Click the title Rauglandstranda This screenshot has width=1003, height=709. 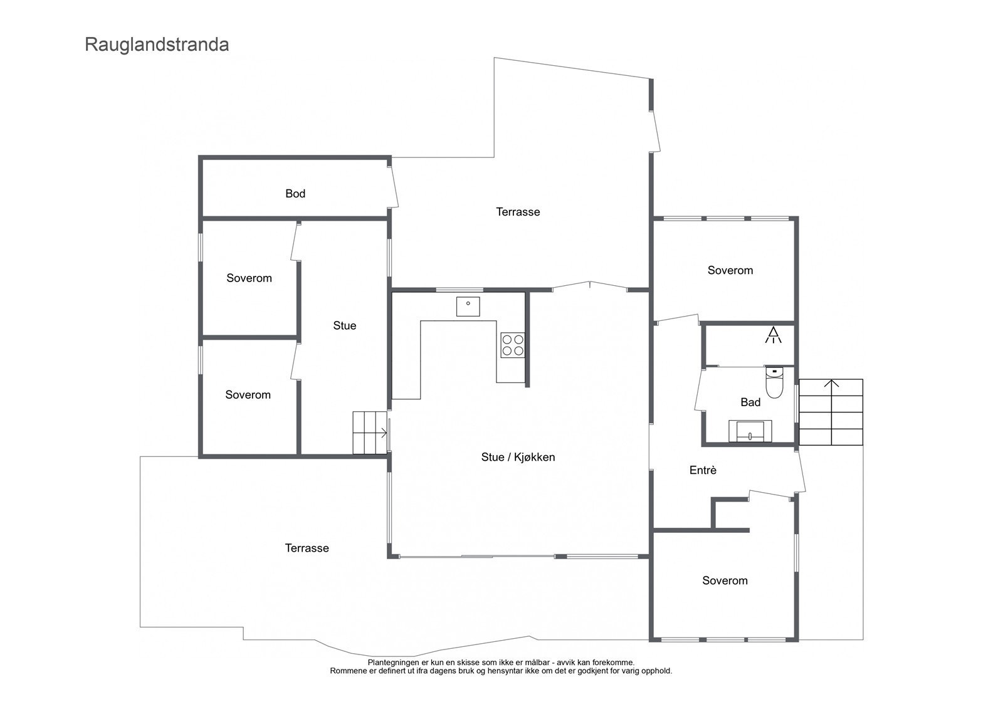point(157,45)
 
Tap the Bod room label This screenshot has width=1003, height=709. point(295,194)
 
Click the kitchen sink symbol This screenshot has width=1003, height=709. point(468,307)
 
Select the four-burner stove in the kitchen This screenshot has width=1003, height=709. point(512,345)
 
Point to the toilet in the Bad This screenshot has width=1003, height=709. point(775,383)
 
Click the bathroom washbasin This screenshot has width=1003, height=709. point(750,432)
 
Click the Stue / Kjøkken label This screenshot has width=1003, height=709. point(518,457)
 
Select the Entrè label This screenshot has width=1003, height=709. point(703,470)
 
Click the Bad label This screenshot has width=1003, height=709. point(750,402)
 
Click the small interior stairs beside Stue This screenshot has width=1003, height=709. point(369,433)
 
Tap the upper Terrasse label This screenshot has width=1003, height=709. point(518,212)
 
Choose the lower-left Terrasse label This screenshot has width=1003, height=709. point(307,548)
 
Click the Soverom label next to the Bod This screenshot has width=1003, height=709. point(249,278)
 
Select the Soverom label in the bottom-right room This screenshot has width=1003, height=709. point(725,580)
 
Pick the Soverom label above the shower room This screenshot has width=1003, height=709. point(730,270)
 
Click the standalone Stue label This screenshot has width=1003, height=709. point(344,325)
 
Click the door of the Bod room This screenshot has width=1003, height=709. point(394,187)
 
